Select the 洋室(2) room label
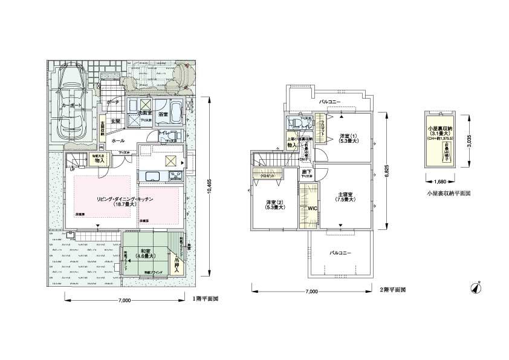click(x=274, y=204)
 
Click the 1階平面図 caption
click(x=205, y=298)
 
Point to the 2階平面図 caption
click(x=392, y=290)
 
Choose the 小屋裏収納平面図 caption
click(x=447, y=194)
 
